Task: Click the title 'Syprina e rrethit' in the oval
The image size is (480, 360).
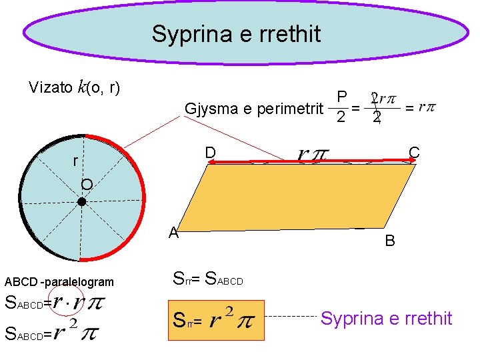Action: tap(236, 33)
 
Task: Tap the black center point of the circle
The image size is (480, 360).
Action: tap(81, 201)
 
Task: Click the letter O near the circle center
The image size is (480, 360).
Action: tap(87, 185)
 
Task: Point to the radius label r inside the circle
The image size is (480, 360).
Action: tap(75, 161)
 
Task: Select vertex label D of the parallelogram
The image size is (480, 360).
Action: tap(210, 153)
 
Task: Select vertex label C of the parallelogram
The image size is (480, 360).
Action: tap(414, 153)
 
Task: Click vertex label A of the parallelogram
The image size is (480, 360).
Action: tap(173, 233)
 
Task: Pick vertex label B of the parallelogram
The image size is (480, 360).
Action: tap(390, 241)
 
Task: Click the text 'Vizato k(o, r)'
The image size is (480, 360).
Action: tap(74, 87)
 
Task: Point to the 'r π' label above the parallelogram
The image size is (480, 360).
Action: tap(311, 155)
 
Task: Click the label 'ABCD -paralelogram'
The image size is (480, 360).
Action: tap(59, 282)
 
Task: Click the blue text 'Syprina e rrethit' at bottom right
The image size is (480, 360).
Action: tap(386, 319)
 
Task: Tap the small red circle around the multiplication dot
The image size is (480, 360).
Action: tap(69, 301)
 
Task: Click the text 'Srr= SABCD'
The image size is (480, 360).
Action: tap(207, 278)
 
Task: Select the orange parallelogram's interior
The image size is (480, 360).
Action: tap(300, 197)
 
